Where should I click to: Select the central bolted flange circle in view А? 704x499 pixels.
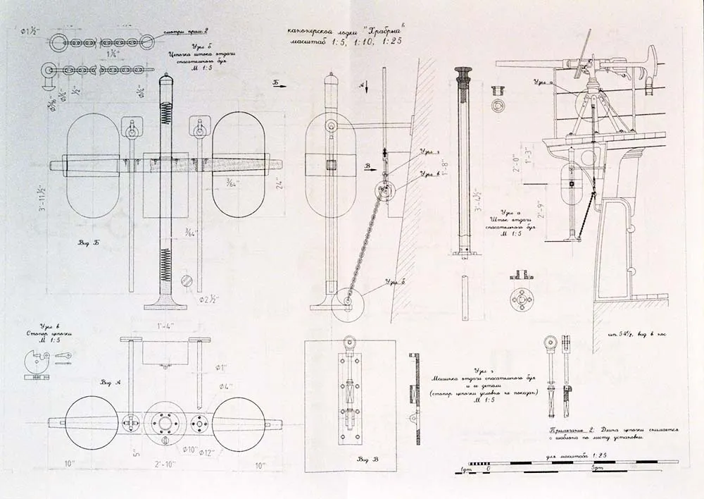[x=165, y=423]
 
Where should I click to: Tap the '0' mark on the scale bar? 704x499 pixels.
[x=489, y=469]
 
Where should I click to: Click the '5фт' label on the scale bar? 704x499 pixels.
[x=599, y=469]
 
